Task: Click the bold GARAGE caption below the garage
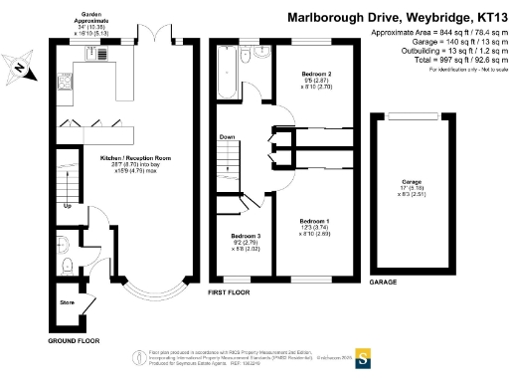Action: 383,283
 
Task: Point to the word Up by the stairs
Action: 67,207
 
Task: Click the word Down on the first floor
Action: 227,137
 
